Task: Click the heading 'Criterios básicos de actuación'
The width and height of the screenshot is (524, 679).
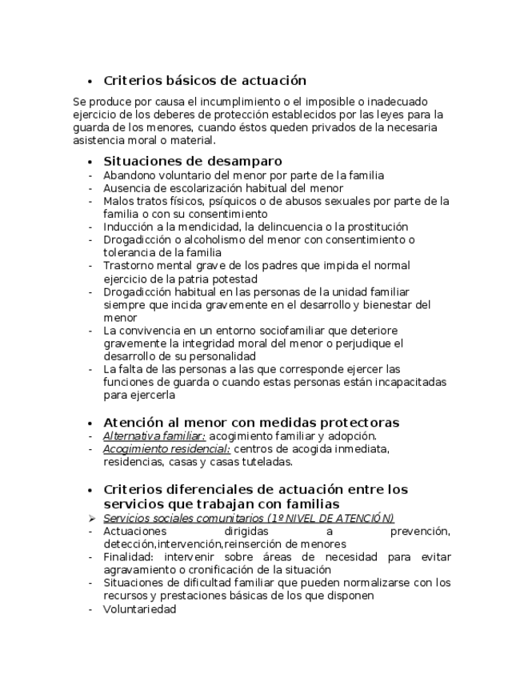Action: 205,80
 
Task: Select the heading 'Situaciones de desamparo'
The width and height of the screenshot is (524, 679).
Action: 192,161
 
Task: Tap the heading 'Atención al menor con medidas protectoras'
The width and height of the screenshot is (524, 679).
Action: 251,422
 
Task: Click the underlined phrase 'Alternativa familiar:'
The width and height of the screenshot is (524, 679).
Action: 154,436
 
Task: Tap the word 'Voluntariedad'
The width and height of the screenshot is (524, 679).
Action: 139,609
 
